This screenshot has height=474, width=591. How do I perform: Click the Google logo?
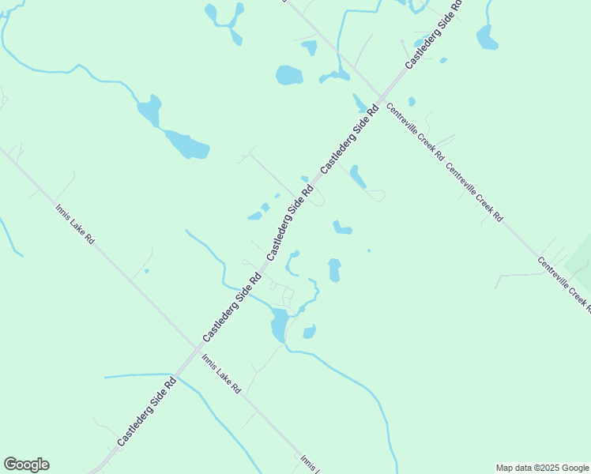26,465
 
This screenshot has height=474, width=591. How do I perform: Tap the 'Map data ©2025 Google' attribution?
542,468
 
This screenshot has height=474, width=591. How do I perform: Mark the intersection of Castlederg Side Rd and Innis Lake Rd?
194,348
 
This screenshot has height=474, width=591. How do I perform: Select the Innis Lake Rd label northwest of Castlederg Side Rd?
75,224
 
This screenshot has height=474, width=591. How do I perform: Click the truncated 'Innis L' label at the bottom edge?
308,464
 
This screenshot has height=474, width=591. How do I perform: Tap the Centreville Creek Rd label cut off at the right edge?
564,280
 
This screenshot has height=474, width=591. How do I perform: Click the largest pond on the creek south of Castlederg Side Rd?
279,323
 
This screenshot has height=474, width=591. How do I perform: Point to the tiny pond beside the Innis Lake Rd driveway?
146,271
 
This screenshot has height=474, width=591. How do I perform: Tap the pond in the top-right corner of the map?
486,37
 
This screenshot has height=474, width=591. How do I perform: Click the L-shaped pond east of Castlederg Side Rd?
341,228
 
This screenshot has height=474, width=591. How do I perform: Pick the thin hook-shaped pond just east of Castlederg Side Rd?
292,262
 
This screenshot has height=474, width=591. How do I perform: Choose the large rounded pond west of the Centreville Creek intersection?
289,75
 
